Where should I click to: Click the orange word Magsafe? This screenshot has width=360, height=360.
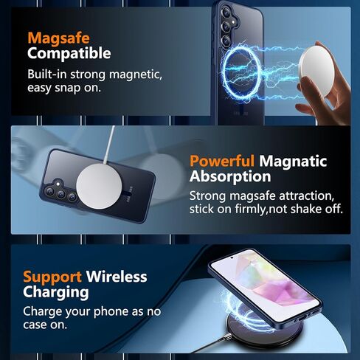58,39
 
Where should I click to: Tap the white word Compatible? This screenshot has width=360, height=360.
69,54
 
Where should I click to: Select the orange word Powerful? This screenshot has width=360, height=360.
222,161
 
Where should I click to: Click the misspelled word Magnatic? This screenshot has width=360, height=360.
293,161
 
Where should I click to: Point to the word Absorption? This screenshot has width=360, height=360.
230,176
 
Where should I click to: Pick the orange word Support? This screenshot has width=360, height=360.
52,277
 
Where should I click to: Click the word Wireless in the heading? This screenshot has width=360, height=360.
117,277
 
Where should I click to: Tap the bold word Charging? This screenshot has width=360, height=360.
56,293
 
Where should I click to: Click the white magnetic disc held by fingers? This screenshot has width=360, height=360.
316,72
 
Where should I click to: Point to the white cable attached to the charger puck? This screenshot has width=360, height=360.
109,145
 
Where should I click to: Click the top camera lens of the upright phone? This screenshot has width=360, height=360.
226,12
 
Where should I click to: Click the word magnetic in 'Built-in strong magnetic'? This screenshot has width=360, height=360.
136,75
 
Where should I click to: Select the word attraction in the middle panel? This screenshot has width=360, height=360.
307,196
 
